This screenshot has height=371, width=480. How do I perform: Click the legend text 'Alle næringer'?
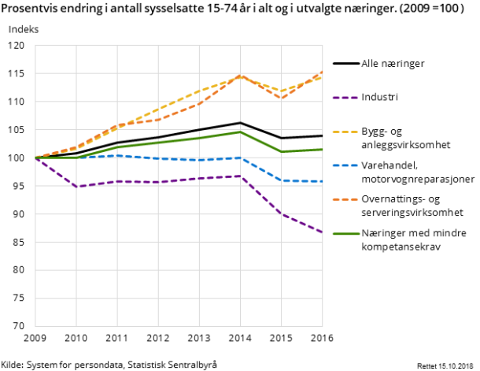(x=393, y=64)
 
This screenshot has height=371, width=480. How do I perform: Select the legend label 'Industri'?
(x=379, y=98)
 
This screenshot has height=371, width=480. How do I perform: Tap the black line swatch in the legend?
(x=345, y=64)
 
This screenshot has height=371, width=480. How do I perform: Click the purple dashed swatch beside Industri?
(x=345, y=98)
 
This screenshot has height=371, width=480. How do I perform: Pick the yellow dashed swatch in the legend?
(x=345, y=132)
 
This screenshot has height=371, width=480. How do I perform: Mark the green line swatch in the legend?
(x=345, y=233)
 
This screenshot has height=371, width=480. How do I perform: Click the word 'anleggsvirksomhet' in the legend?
(x=405, y=145)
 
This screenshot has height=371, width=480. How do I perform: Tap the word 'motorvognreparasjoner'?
(x=418, y=179)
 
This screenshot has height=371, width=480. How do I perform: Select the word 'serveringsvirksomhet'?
(x=412, y=213)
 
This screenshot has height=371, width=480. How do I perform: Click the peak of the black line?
(x=240, y=123)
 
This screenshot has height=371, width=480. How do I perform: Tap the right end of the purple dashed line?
(x=323, y=232)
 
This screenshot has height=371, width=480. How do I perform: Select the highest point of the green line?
(x=240, y=132)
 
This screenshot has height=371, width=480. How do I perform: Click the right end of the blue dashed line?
(x=323, y=181)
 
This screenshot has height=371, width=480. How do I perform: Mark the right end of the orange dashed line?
(x=323, y=72)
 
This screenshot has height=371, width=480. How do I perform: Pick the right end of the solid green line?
(x=323, y=149)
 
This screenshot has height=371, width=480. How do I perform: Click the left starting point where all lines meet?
(x=35, y=158)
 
